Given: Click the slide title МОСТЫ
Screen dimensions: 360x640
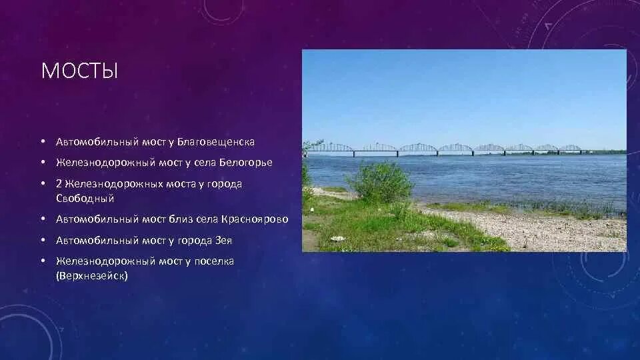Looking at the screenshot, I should tap(79, 71).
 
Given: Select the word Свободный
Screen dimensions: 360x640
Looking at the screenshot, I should tap(85, 198).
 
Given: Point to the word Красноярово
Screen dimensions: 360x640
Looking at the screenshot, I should tap(257, 219).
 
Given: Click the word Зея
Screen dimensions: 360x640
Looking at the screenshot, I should tap(223, 240).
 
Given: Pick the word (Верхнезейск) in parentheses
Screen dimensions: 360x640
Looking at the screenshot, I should tap(91, 275).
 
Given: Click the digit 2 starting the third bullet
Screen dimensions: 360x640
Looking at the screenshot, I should tap(59, 183).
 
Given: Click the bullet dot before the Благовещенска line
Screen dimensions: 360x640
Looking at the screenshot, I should tap(42, 142).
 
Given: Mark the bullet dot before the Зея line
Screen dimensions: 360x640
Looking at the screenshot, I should tap(42, 240).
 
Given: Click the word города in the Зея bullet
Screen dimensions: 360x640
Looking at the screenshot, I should tap(197, 240).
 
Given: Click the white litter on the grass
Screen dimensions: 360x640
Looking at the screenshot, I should tap(337, 238).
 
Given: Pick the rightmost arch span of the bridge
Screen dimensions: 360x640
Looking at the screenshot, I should tap(570, 148).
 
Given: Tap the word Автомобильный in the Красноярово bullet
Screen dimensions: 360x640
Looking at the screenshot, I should tap(97, 219).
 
